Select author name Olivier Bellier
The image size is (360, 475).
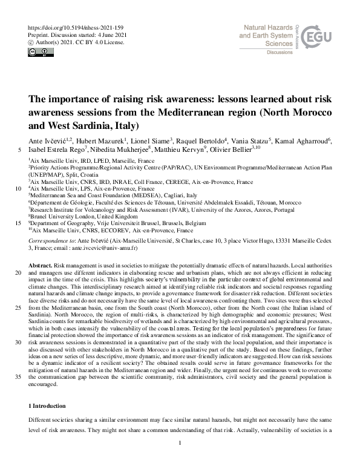[x=235, y=150]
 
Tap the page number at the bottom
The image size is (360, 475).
[x=180, y=460]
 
